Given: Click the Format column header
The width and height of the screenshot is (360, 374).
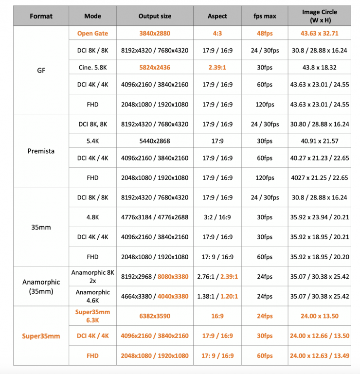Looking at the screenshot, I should click(41, 16).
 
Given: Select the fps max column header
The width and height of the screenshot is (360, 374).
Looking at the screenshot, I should click(265, 16).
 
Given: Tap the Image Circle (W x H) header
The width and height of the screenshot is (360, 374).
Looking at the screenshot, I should click(319, 16).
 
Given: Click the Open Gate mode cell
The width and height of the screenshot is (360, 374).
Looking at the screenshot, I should click(92, 34).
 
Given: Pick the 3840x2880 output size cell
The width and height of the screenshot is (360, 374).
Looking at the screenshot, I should click(155, 34).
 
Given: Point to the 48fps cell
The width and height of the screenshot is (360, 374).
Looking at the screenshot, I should click(265, 34).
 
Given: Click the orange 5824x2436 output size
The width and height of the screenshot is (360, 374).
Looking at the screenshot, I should click(155, 67).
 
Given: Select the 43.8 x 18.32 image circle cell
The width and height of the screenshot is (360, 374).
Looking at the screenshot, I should click(319, 67).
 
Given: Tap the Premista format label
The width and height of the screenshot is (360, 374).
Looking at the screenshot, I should click(41, 151).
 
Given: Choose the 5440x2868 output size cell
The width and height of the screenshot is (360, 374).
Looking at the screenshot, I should click(155, 141).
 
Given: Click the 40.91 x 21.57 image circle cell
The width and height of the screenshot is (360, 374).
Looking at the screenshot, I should click(319, 141).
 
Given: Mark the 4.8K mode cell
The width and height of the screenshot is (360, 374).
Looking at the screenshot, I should click(92, 217).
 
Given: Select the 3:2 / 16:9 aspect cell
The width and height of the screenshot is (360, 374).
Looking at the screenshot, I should click(217, 217).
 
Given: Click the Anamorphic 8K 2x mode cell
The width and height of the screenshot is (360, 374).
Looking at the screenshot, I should click(92, 276).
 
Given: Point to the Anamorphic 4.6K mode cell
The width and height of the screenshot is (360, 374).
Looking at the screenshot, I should click(92, 296).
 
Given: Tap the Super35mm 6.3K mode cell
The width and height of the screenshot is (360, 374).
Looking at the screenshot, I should click(92, 316).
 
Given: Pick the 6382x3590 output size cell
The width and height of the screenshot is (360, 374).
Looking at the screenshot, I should click(155, 316).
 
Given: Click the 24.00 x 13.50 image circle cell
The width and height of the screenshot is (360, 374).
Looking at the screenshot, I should click(319, 316).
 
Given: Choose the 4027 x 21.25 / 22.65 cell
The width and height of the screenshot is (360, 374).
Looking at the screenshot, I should click(319, 178).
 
